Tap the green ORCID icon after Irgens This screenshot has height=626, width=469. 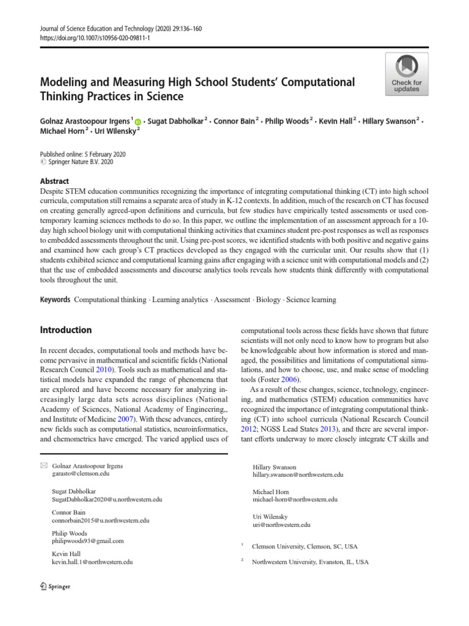[x=138, y=122]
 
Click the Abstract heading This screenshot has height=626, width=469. [x=54, y=182]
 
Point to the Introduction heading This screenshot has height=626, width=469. [x=65, y=330]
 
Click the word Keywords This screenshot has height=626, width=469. [x=55, y=300]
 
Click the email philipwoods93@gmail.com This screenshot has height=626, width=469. [x=88, y=541]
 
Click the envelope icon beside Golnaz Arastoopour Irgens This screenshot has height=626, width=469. [x=43, y=466]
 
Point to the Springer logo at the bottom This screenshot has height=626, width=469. [x=55, y=586]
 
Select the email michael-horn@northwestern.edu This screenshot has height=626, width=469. [x=294, y=499]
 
